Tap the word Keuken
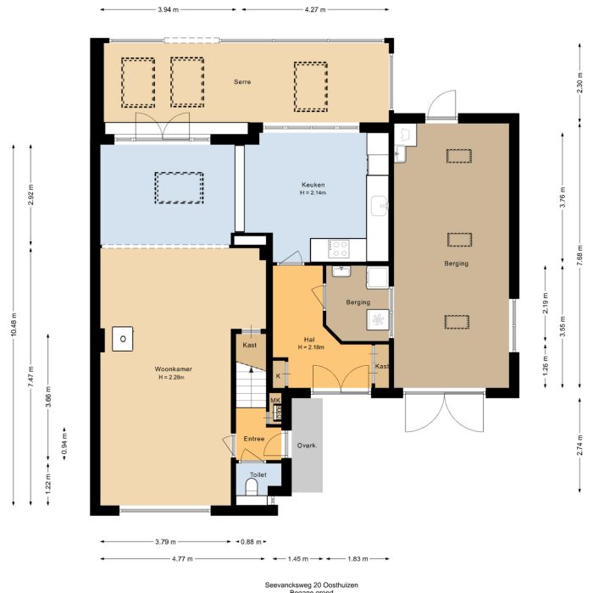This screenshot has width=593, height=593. coord(313,185)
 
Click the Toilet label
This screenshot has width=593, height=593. coord(257,475)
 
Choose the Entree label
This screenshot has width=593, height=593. coord(254,439)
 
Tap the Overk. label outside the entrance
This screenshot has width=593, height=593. coord(306,446)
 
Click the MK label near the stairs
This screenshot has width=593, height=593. coord(274,400)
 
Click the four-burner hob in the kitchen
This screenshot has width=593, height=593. coord(339,249)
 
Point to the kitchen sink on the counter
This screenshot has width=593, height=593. coord(379,203)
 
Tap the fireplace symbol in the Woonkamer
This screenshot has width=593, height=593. coord(123,339)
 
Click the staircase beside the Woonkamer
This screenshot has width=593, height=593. coord(248,385)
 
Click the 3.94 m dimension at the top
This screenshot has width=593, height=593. coord(169,9)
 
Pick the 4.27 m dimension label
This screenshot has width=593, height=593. coord(314,9)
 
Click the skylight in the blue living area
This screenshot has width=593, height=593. coord(179,186)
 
